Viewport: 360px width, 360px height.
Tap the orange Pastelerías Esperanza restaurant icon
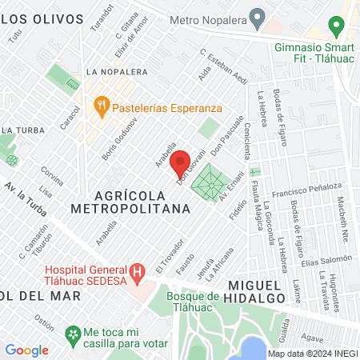(x=102, y=104)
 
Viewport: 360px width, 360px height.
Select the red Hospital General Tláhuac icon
(x=138, y=272)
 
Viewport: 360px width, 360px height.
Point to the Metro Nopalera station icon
(x=257, y=16)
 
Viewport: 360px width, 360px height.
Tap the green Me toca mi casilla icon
(x=73, y=333)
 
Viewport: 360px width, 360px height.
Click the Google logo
(x=26, y=350)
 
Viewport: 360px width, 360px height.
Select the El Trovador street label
(x=170, y=257)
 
